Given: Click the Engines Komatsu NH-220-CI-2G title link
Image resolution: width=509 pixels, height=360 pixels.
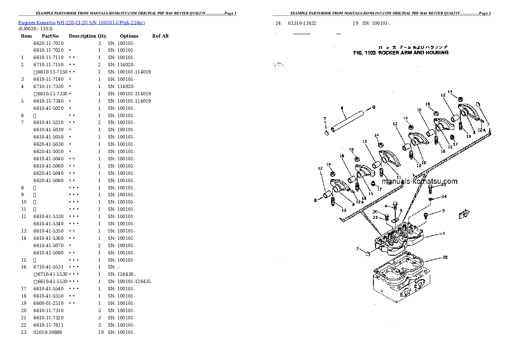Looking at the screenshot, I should (x=81, y=22).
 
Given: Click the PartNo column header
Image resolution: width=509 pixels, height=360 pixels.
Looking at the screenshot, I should (x=50, y=36).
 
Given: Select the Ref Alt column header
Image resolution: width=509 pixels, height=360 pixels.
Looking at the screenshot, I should (x=160, y=36).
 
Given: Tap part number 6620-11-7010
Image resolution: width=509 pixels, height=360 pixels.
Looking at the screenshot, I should (x=48, y=43).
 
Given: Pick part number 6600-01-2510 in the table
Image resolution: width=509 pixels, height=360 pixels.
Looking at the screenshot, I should (x=48, y=303).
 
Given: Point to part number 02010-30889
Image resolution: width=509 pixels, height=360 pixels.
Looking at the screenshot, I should (x=47, y=332).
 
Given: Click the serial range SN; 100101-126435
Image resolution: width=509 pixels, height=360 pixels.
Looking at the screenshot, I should (x=129, y=281).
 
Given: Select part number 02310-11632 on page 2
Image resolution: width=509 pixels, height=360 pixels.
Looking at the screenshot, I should (x=302, y=23).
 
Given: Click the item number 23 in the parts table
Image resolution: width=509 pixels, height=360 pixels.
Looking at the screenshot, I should (x=23, y=332).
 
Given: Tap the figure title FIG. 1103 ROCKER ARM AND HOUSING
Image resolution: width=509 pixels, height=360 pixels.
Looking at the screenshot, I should (x=400, y=53).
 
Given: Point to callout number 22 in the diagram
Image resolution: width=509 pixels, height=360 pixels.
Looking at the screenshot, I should (x=445, y=257).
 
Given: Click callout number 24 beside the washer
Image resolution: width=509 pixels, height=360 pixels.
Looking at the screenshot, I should (x=444, y=197).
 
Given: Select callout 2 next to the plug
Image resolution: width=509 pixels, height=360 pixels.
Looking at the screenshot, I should (x=358, y=248).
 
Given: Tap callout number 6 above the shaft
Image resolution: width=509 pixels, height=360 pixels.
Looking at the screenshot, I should (x=343, y=109).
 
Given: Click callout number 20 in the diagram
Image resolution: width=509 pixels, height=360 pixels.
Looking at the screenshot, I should (x=375, y=212).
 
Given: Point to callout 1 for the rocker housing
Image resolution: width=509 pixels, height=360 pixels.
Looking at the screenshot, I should (x=444, y=233).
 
